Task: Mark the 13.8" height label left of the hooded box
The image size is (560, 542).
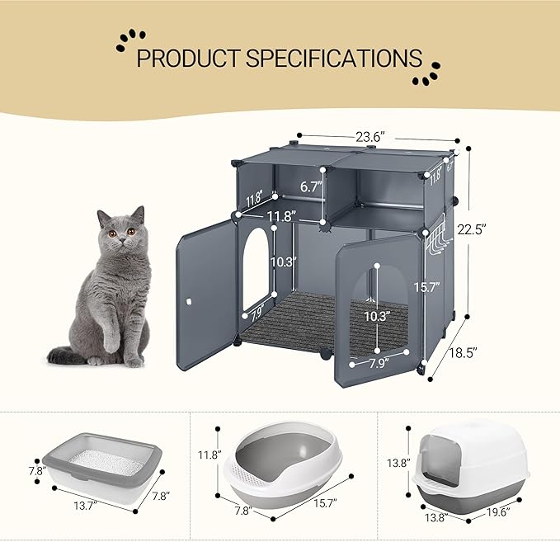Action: click(398, 464)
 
